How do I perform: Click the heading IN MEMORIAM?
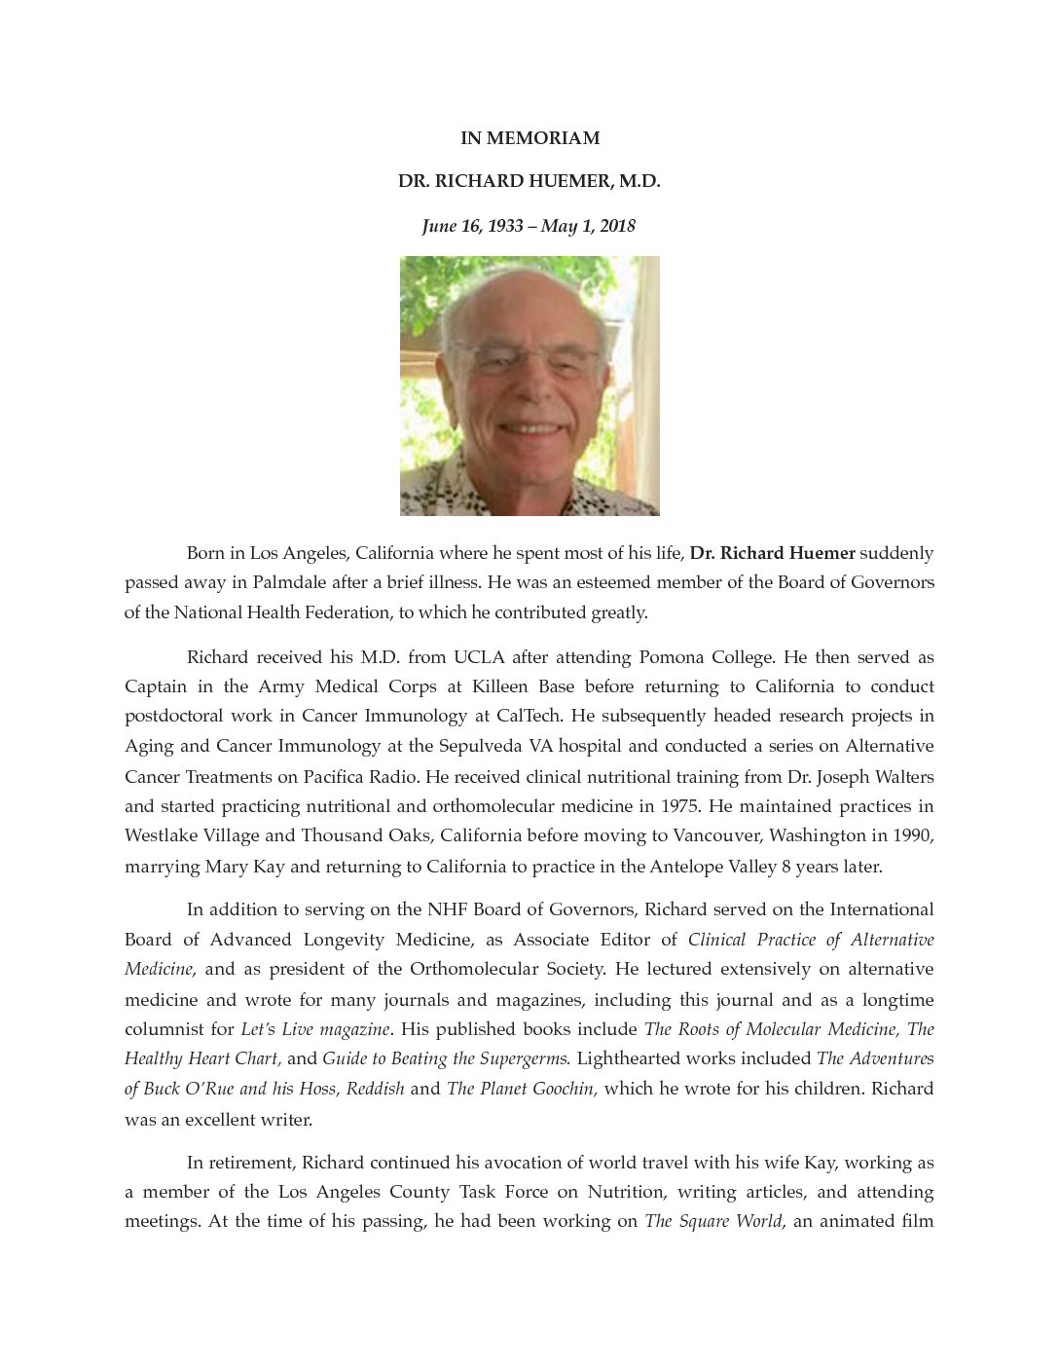point(529,138)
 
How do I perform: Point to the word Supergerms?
point(522,1058)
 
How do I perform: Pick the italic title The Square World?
point(712,1221)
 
